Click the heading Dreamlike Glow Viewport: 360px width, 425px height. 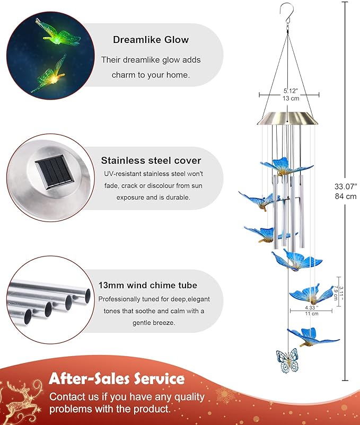151,40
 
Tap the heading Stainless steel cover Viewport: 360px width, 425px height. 151,161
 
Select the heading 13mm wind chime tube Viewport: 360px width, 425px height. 148,285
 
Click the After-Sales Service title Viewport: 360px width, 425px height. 117,379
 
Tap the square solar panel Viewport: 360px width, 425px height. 55,172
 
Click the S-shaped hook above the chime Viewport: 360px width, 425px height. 287,15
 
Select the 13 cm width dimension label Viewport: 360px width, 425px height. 291,98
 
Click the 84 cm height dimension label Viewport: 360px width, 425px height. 346,196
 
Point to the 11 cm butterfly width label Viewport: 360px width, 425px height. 311,314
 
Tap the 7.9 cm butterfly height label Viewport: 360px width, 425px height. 336,293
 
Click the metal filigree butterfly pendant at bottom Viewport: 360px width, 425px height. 287,360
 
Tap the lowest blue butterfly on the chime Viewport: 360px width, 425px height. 313,337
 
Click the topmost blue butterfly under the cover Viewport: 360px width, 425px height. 286,166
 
